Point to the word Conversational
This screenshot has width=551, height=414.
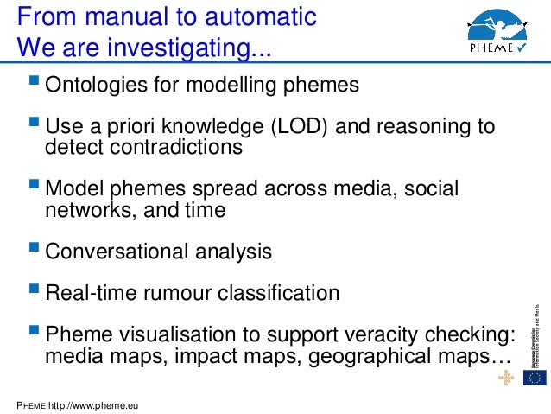(x=114, y=252)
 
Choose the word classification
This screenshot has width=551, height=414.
(x=274, y=293)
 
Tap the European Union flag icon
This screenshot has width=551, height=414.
(x=536, y=378)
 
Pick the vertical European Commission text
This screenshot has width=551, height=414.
(x=537, y=334)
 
